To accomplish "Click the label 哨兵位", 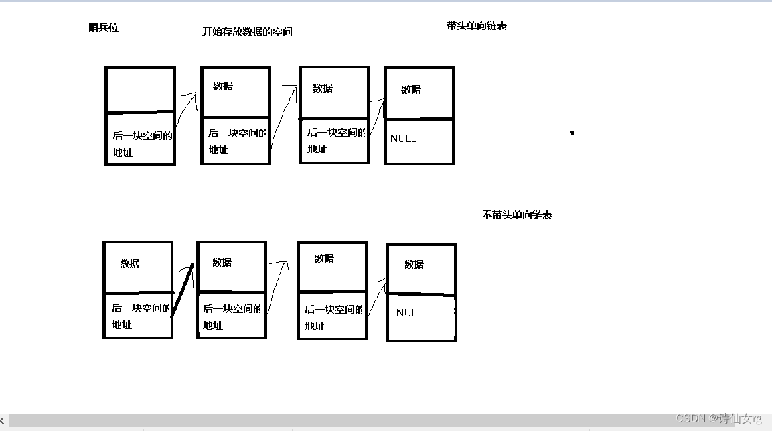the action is (x=103, y=27).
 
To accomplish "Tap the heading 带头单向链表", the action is (x=476, y=26).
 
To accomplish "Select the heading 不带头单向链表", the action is (x=517, y=215).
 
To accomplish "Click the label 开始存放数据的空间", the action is (x=247, y=32).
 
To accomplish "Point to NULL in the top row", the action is (x=403, y=139).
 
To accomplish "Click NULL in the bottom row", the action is (x=409, y=313).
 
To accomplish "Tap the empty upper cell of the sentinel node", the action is (x=140, y=89).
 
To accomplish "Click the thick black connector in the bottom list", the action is (x=183, y=290).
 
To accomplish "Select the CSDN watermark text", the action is (x=718, y=418).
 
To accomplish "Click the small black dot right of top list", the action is (x=572, y=133).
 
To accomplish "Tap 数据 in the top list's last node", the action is (x=411, y=89).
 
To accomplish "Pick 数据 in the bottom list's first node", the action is (x=129, y=263).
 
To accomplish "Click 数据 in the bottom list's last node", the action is (x=414, y=264).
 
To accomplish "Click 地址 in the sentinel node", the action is (x=123, y=152).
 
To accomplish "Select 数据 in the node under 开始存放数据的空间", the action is (x=223, y=86).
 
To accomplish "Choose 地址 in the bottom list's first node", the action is (x=122, y=325).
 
